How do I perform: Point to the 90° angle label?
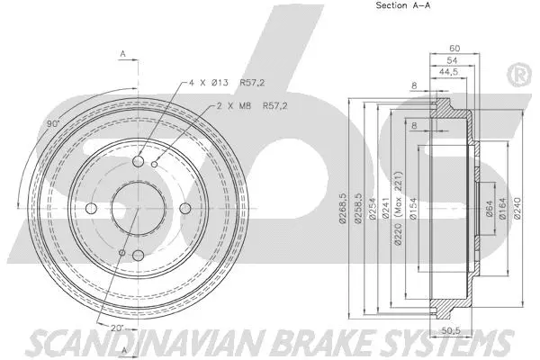point(54,123)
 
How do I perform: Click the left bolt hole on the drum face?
point(92,210)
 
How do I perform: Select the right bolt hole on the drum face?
point(185,210)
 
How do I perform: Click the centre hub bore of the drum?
point(139,210)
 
